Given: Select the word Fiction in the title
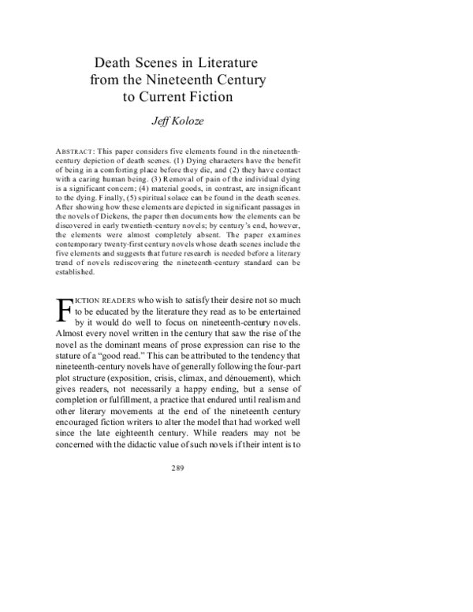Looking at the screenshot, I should [x=213, y=97].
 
